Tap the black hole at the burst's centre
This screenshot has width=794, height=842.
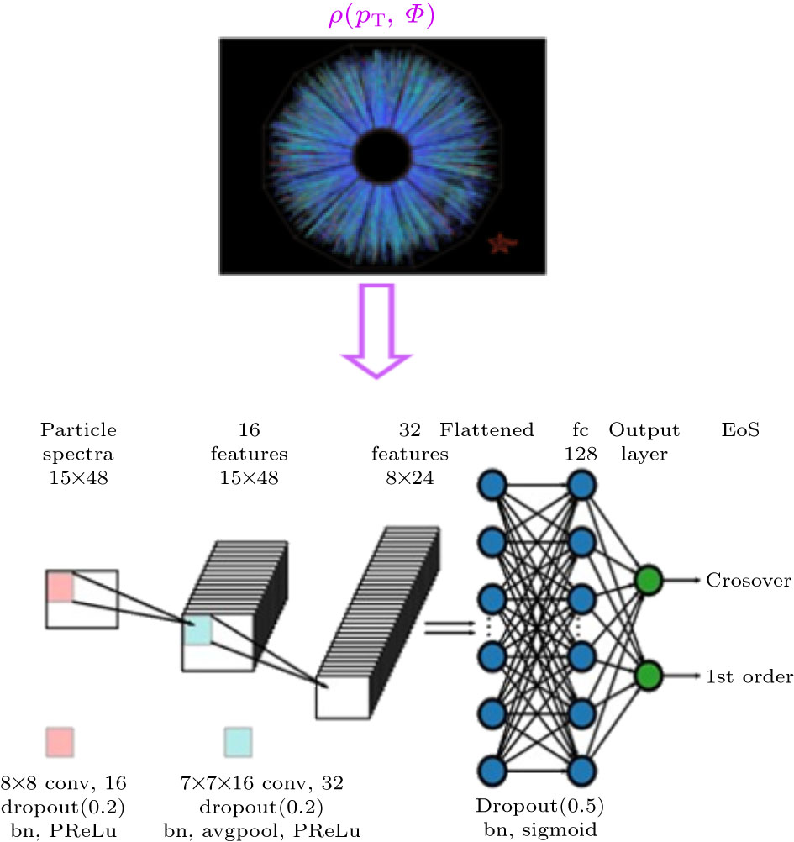click(x=383, y=155)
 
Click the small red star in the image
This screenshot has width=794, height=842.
click(x=502, y=244)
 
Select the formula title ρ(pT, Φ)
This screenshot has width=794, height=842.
click(x=381, y=18)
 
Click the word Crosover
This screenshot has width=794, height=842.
click(x=747, y=580)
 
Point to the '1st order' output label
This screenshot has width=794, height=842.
click(x=749, y=676)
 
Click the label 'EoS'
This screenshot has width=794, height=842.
click(x=740, y=430)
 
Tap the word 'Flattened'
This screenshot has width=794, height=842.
click(x=487, y=430)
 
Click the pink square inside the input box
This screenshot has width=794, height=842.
click(x=60, y=587)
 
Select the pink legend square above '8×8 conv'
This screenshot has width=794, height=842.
click(x=60, y=742)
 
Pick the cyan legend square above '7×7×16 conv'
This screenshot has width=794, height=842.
click(x=238, y=742)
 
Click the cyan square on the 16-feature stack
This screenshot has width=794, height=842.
click(x=197, y=630)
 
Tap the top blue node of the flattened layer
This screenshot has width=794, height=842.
click(x=492, y=485)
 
